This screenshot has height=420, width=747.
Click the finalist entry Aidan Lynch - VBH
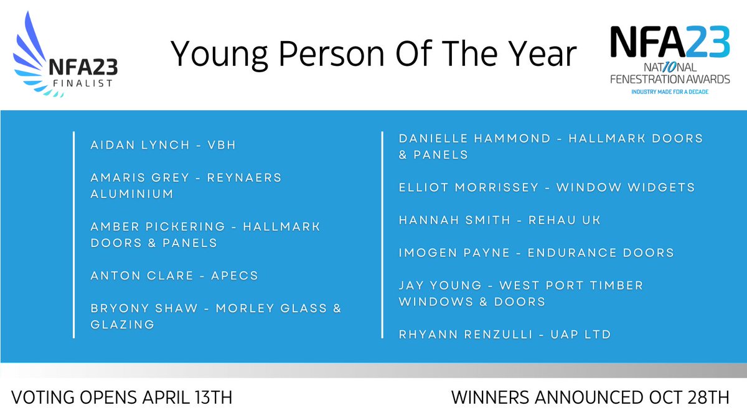pos(163,145)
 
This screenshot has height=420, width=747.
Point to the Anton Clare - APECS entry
pos(174,275)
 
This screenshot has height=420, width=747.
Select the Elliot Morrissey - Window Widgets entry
pos(547,187)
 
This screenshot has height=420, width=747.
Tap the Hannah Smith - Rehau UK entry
pos(499,220)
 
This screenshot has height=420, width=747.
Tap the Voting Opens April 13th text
pos(122,398)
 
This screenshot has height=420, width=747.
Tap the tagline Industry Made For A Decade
pos(669,91)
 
